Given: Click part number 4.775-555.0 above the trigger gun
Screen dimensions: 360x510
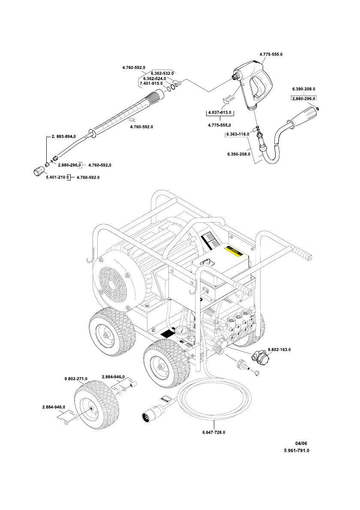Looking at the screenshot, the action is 271,54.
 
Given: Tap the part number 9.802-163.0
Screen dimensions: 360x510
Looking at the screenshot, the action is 279,350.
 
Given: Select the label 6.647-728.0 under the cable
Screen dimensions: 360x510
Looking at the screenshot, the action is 214,432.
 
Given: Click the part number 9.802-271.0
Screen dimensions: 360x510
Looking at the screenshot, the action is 76,378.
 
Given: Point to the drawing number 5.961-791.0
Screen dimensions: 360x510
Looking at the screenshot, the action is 297,450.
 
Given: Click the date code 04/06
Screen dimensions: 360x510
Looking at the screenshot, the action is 301,443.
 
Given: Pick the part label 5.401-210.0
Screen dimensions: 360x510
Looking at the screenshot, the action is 58,177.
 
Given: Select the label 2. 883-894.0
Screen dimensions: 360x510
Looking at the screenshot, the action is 64,136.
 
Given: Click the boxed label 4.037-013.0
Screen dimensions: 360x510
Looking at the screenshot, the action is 219,113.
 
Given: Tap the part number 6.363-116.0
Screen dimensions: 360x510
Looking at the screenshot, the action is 238,134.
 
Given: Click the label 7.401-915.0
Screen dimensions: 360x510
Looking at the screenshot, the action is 151,84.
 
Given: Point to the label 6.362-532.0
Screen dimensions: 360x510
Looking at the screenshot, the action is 162,73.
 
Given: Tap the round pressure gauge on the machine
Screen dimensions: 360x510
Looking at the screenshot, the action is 182,333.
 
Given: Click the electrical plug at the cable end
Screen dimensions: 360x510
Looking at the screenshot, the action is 150,415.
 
